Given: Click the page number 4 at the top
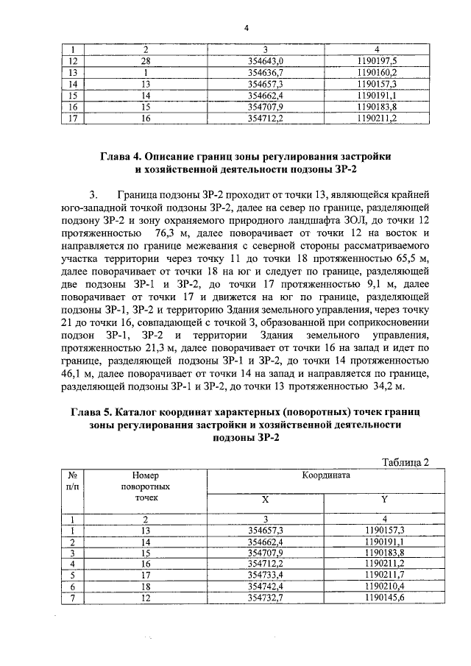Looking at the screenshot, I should click(x=247, y=28).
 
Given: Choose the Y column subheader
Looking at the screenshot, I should click(x=384, y=499).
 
